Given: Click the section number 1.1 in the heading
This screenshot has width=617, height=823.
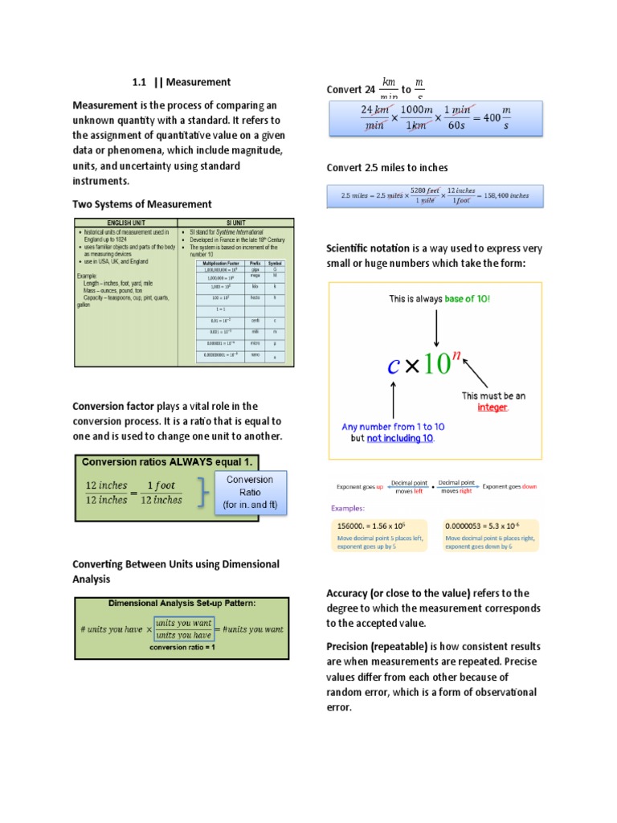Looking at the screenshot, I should pos(141,82).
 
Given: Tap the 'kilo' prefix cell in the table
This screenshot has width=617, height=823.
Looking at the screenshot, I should pos(255,285).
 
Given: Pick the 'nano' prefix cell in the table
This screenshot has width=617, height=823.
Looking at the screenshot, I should pos(255,354).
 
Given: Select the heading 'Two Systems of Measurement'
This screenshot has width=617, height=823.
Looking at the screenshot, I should pos(142,204).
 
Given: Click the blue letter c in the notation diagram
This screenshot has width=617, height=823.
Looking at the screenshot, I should pos(393,366).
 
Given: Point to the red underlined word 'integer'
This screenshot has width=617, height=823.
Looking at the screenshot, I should pos(492,407).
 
